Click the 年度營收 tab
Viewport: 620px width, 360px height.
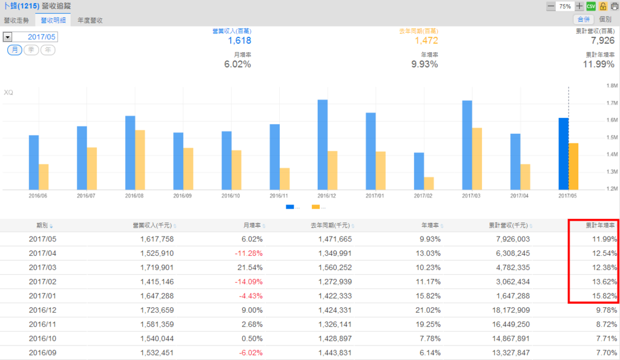pos(90,20)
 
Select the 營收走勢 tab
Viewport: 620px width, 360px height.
pos(16,20)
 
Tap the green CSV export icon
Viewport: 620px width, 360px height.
pos(591,6)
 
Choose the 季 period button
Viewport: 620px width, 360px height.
pos(31,50)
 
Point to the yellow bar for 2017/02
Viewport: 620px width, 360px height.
pos(429,183)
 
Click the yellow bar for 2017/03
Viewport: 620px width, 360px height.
pos(477,158)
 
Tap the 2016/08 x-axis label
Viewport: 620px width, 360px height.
pos(134,196)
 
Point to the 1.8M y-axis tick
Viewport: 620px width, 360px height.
pos(611,86)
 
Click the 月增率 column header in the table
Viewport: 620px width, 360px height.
pos(254,225)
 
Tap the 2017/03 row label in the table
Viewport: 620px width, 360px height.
pos(42,267)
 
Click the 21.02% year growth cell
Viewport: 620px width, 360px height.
pos(428,310)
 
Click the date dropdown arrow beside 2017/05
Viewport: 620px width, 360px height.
pos(7,37)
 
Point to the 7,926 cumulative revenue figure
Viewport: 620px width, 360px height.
pos(603,41)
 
